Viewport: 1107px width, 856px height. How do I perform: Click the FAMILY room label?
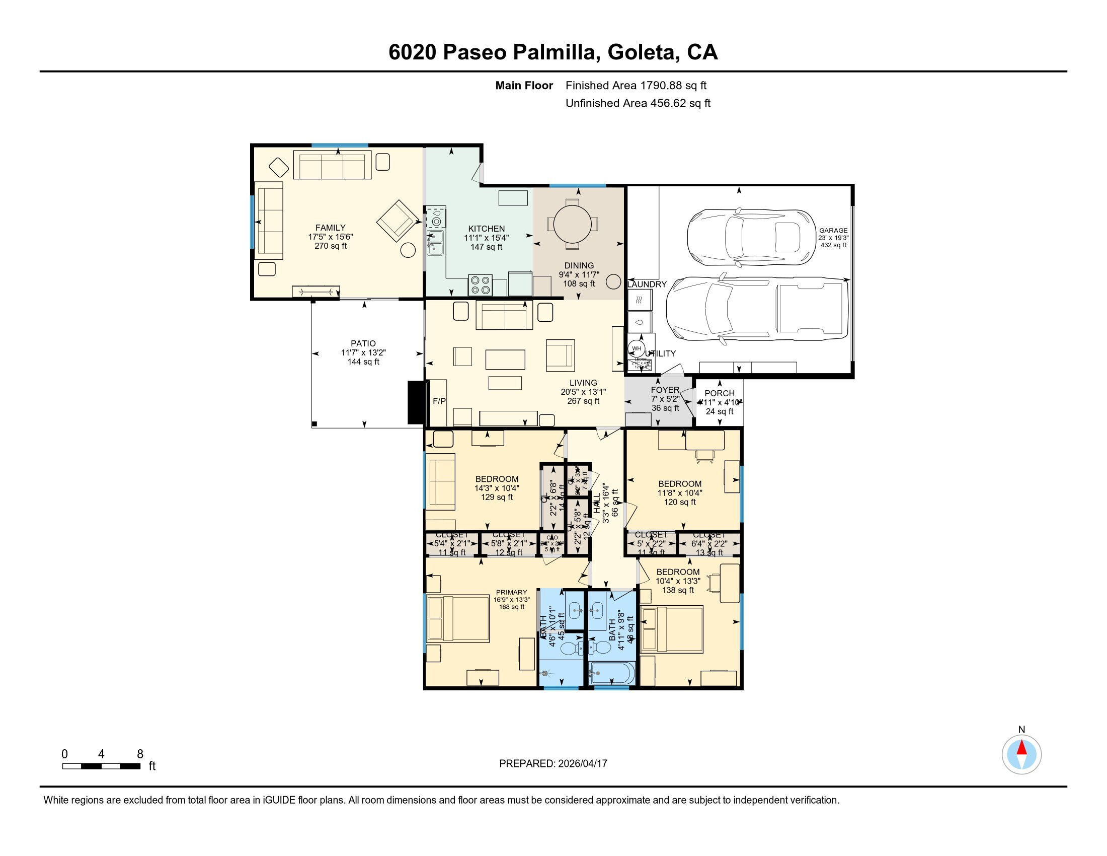pos(331,228)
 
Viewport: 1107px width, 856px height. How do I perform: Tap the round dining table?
pos(572,224)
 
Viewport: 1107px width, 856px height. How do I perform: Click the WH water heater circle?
pos(636,348)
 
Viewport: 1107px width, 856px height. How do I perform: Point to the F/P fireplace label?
pos(439,401)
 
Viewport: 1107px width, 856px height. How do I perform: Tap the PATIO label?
pos(363,343)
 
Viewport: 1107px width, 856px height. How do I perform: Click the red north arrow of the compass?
pos(1022,747)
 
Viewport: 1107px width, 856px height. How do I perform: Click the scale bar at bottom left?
pos(101,766)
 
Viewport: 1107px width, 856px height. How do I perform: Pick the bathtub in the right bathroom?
pos(610,673)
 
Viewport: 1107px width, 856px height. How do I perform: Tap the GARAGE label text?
pos(833,230)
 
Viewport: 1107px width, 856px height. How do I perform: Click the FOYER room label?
pos(665,390)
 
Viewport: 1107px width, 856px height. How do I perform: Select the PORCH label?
pos(719,393)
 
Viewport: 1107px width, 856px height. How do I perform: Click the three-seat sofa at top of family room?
pos(332,165)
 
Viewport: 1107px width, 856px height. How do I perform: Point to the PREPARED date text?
pos(553,763)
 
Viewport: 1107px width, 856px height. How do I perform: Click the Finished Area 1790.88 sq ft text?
pos(636,85)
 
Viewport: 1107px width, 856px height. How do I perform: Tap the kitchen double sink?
pos(435,243)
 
